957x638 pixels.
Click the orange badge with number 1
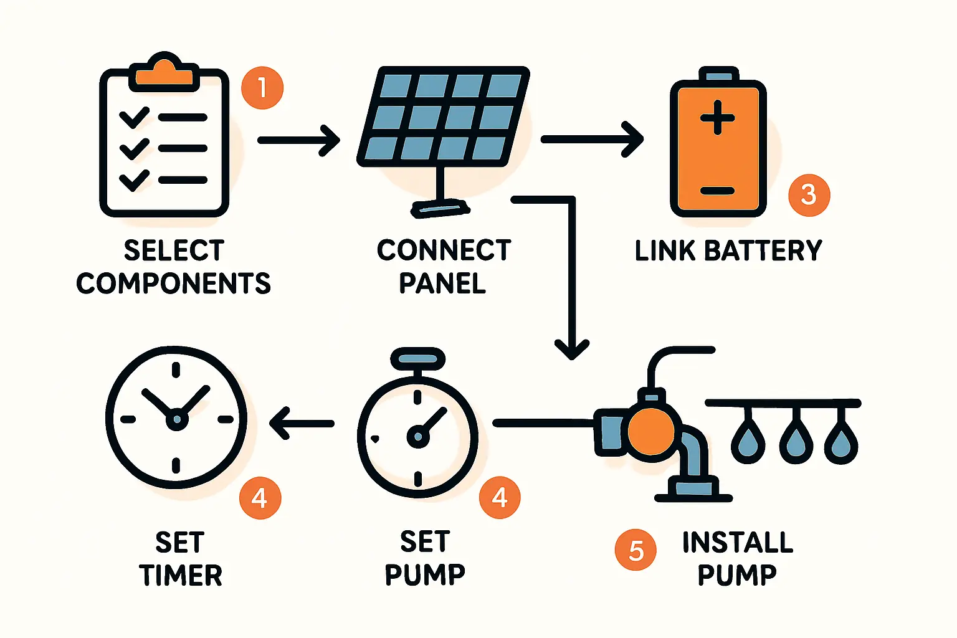(262, 88)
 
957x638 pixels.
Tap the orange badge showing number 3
(809, 195)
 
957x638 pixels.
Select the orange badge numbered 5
(636, 550)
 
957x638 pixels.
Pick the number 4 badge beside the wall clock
(260, 498)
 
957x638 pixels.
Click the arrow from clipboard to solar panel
(298, 140)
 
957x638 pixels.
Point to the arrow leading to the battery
(591, 140)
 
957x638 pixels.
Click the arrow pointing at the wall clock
(302, 424)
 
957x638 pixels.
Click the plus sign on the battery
(718, 117)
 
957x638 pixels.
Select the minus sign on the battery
(718, 191)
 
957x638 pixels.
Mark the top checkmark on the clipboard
(134, 117)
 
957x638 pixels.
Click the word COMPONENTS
(173, 283)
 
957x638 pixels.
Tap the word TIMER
(181, 575)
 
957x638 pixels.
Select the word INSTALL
(738, 542)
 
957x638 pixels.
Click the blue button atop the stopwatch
(417, 359)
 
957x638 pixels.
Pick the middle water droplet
(796, 441)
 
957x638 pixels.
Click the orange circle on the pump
(651, 431)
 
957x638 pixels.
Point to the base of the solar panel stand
(440, 208)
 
